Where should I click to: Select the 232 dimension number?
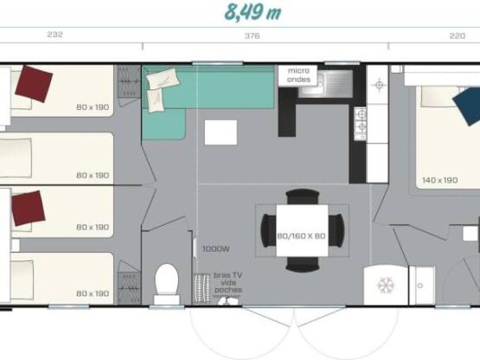54,35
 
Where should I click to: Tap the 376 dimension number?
253,35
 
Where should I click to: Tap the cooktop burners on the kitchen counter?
360,123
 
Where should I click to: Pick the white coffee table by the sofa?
221,132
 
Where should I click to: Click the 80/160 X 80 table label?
303,235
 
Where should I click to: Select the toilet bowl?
166,280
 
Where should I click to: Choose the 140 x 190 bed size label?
439,180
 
